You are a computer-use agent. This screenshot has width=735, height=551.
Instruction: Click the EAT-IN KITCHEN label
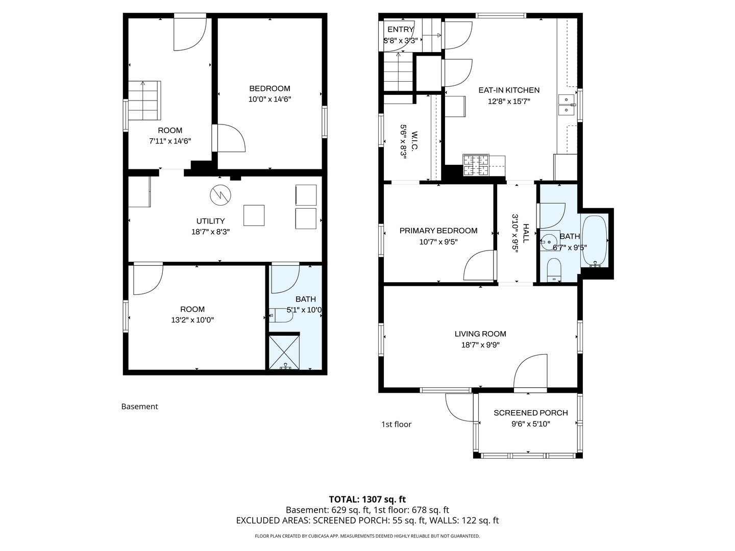509,90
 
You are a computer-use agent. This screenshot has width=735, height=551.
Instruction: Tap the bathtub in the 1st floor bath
594,241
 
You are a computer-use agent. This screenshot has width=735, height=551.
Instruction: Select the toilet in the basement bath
281,315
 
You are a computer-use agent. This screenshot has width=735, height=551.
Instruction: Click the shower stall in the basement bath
284,352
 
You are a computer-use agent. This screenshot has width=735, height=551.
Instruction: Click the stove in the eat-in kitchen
476,165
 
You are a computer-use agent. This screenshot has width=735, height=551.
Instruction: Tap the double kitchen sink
567,105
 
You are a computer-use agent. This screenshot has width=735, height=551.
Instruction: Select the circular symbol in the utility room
220,195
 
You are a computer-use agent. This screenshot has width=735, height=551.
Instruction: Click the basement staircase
144,100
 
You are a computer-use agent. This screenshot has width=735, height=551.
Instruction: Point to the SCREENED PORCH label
531,413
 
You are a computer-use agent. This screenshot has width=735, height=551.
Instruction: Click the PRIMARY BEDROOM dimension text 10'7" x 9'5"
438,241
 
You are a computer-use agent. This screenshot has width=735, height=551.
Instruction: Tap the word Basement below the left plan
139,407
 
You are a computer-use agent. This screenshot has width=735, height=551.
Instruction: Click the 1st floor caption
396,424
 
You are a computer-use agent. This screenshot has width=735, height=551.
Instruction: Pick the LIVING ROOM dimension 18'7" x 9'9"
480,344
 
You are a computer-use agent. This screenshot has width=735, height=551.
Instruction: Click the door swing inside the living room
530,371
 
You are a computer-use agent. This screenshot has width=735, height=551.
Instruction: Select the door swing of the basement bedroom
232,138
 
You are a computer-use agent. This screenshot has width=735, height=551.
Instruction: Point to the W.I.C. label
413,141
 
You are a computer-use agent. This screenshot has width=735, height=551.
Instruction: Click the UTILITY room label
210,221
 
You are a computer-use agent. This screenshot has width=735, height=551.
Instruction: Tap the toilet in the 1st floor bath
554,270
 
